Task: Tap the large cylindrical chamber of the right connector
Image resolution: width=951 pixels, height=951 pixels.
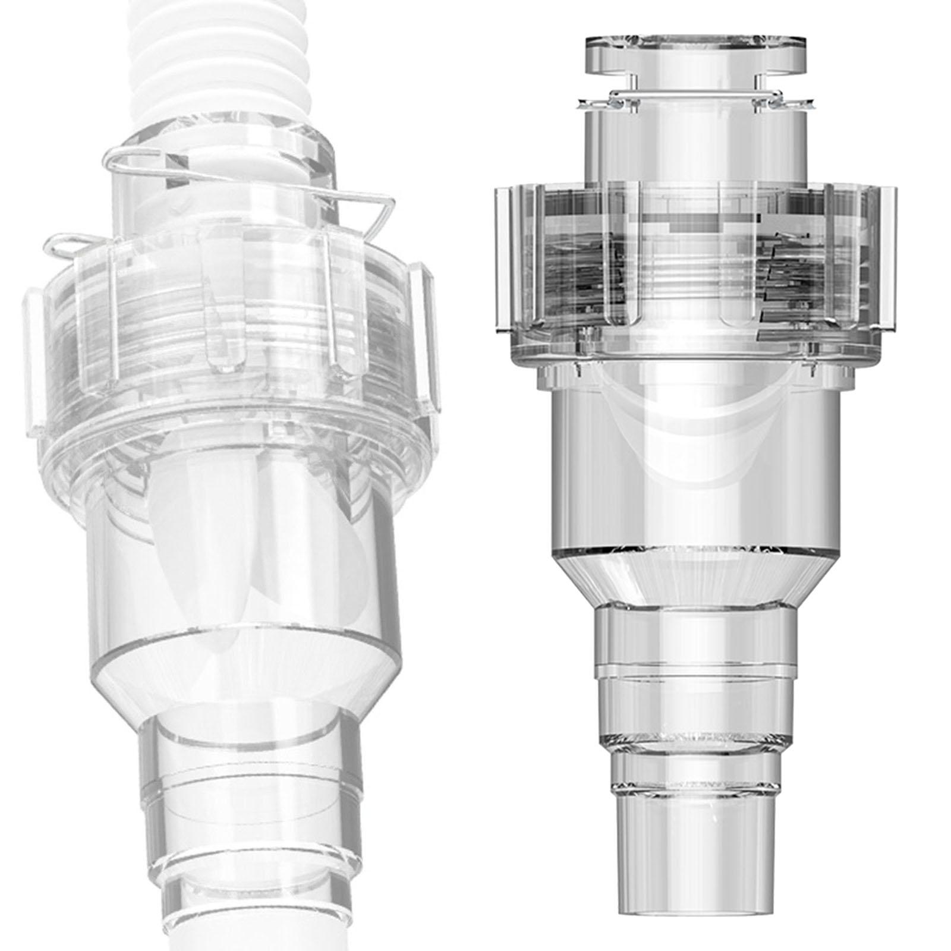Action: [695, 487]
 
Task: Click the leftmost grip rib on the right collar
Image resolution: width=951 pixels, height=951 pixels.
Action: [502, 256]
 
